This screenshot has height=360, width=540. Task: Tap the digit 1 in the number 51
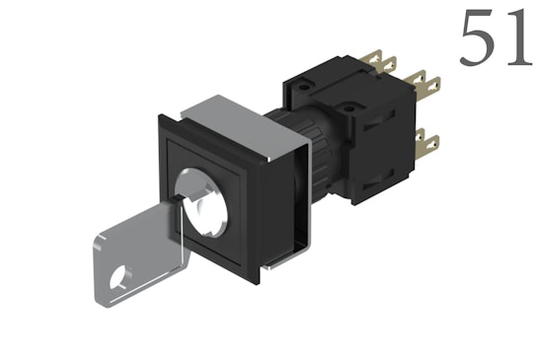[x=517, y=38]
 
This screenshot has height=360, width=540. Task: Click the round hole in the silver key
[x=121, y=279]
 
